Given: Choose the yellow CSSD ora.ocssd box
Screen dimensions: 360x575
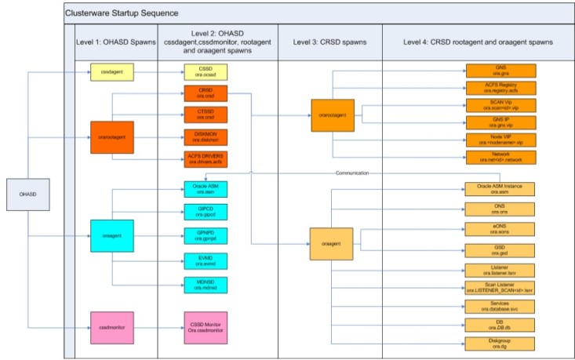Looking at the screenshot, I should pos(205,72).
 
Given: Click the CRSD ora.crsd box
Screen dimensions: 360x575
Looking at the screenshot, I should pos(205,94).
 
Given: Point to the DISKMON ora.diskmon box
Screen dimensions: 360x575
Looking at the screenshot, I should pos(205,138).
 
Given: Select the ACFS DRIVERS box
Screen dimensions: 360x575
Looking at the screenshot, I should pos(205,159).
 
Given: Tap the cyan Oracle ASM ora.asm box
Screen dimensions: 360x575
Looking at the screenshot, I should pos(205,189).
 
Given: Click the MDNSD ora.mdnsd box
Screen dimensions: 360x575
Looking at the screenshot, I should pos(205,285).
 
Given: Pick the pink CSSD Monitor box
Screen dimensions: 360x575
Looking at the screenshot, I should pos(205,324).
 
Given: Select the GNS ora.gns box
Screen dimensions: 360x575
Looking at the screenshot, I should pos(500,71).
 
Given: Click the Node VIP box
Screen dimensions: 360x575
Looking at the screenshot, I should pos(500,139).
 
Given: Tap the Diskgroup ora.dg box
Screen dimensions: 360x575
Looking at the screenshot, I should pos(500,343).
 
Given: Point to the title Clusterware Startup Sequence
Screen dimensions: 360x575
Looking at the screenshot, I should pos(121,13).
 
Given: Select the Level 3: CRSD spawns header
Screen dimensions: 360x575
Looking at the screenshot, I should pos(329,40).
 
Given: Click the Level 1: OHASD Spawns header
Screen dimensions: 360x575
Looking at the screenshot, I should pos(111,40).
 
